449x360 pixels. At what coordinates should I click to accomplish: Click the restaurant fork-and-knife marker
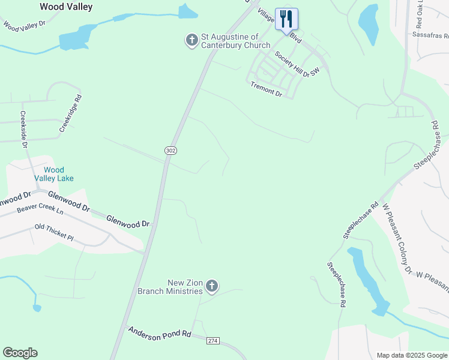(286, 19)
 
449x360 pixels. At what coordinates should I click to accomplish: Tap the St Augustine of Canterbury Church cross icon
(191, 41)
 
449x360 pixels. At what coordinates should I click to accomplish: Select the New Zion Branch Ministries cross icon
(211, 287)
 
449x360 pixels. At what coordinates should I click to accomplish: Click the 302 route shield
(170, 151)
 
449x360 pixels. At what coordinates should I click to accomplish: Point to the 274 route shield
(212, 341)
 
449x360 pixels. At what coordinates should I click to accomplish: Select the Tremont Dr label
(266, 89)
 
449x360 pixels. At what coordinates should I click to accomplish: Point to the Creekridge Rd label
(70, 113)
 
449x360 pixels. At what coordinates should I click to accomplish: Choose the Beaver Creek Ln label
(40, 209)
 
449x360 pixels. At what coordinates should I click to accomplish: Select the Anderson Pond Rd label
(159, 334)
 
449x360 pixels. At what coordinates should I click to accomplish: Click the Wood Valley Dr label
(24, 25)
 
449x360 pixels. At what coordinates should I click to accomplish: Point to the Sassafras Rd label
(430, 35)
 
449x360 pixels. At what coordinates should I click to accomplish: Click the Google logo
(20, 353)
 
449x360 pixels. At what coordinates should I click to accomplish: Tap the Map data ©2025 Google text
(411, 355)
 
